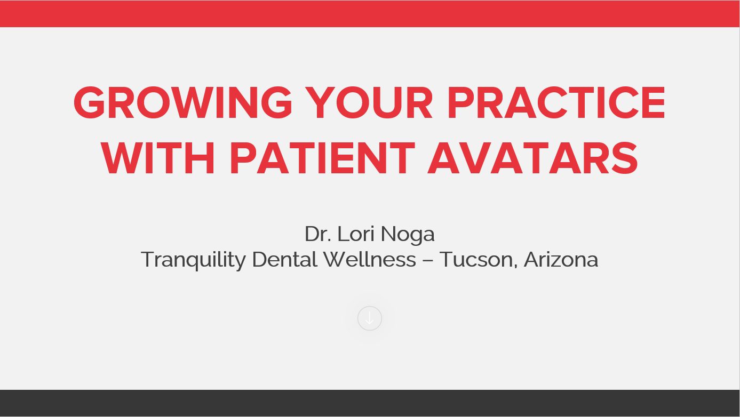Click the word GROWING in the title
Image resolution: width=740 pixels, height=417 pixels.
183,102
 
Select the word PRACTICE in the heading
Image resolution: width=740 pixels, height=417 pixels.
556,102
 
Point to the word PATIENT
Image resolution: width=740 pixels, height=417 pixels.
322,158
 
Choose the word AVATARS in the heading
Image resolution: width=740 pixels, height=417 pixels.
532,158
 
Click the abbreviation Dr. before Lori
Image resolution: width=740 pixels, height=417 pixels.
318,234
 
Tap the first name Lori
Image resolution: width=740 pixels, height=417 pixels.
356,234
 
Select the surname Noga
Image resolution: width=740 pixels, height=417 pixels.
408,235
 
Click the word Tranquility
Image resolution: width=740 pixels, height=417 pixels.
194,260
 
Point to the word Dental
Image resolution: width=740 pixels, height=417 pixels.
285,259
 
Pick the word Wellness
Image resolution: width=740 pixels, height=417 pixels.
370,259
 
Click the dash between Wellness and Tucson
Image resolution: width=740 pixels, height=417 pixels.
427,261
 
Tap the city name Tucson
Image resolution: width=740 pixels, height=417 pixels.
478,260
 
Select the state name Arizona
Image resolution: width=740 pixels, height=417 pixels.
561,259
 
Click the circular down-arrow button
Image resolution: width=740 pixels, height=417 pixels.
370,318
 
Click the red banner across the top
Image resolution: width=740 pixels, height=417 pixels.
370,13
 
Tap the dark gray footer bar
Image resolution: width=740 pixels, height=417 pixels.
370,403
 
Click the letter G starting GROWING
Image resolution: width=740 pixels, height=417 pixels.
89,102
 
